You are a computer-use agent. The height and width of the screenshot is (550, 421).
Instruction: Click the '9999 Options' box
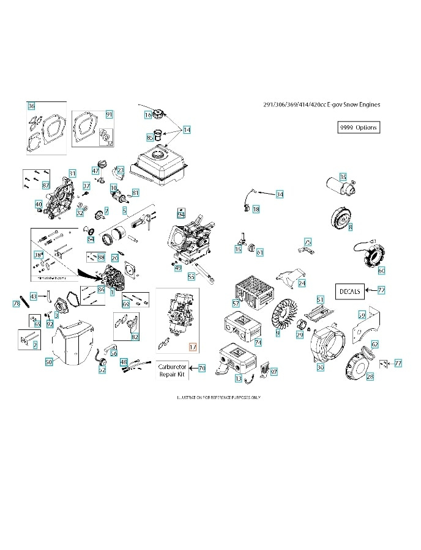point(358,128)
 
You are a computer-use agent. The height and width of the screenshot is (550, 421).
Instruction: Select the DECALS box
point(351,290)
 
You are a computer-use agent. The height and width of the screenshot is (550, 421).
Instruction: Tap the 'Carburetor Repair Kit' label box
point(172,369)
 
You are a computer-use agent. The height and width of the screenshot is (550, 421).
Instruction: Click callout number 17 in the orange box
point(193,346)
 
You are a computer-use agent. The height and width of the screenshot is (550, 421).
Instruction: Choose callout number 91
point(109,114)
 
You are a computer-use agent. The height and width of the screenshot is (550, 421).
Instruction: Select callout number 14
point(187,130)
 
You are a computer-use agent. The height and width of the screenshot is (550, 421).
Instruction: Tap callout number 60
point(381,270)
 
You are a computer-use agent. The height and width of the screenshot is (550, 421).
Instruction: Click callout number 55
point(191,276)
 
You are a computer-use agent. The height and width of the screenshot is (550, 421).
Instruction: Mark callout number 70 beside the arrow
point(201,369)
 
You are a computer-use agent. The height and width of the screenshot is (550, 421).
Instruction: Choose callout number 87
point(46,185)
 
